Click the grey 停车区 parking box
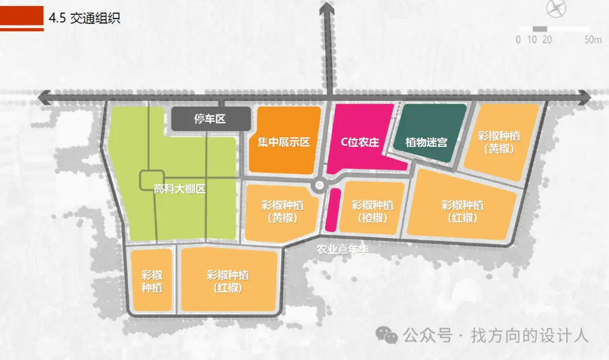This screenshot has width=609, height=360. click(x=210, y=120)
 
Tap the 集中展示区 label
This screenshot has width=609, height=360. click(x=284, y=142)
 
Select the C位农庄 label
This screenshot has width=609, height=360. click(x=360, y=142)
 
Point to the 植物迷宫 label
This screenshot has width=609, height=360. click(x=426, y=142)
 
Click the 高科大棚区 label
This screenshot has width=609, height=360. click(x=180, y=189)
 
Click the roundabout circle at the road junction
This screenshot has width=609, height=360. click(x=320, y=185)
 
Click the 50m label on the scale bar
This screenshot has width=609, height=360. click(x=593, y=39)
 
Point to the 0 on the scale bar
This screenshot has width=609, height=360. click(x=518, y=39)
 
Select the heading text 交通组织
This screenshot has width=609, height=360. click(x=95, y=17)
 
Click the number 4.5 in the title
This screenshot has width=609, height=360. click(x=58, y=17)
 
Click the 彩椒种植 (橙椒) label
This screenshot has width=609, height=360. click(x=372, y=211)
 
